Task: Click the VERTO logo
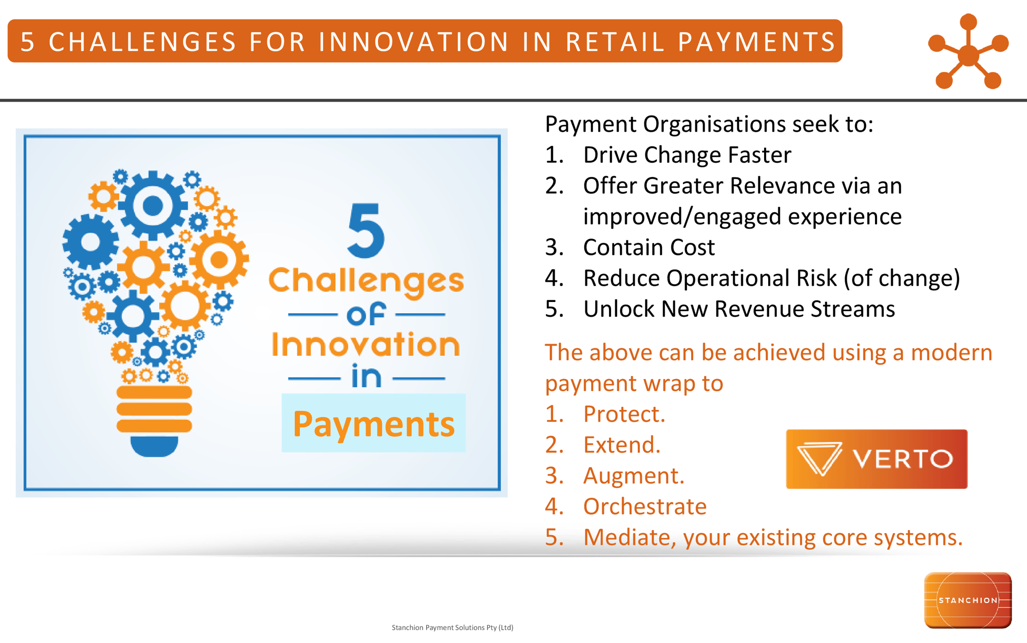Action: pyautogui.click(x=876, y=459)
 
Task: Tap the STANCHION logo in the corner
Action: pyautogui.click(x=967, y=600)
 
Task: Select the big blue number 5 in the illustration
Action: pyautogui.click(x=366, y=231)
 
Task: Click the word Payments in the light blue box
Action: pyautogui.click(x=373, y=424)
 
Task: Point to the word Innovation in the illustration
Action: pyautogui.click(x=366, y=344)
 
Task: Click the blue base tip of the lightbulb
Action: pyautogui.click(x=154, y=446)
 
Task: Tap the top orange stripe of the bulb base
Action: pyautogui.click(x=154, y=392)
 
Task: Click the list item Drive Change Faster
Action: pyautogui.click(x=687, y=155)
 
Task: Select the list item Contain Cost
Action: pyautogui.click(x=649, y=248)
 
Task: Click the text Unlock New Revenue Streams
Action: pyautogui.click(x=738, y=309)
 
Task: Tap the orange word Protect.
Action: pyautogui.click(x=623, y=414)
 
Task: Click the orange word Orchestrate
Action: pyautogui.click(x=644, y=506)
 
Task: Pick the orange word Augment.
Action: pyautogui.click(x=633, y=476)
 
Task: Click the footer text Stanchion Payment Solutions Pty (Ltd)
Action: pyautogui.click(x=452, y=627)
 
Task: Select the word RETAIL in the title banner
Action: pyautogui.click(x=615, y=42)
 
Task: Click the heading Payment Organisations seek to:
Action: pyautogui.click(x=709, y=124)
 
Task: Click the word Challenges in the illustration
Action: pyautogui.click(x=366, y=280)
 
